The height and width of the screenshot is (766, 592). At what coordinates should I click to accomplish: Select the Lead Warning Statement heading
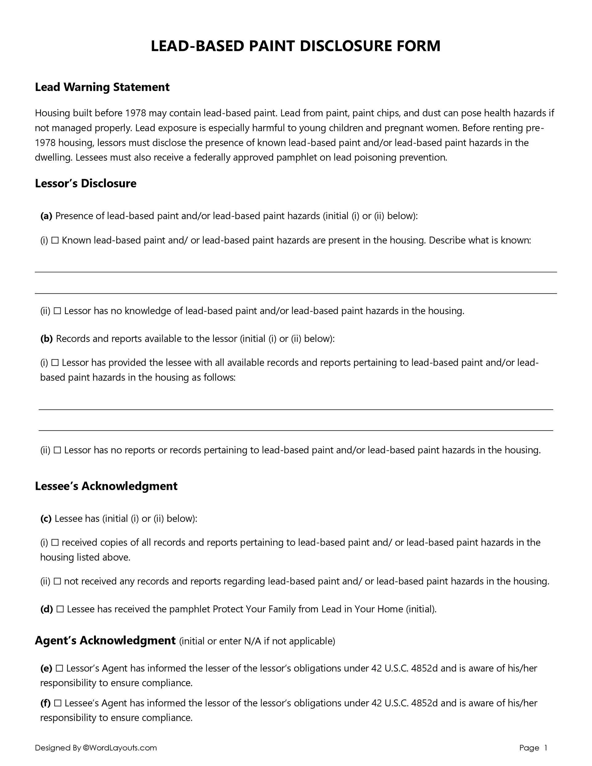(x=102, y=87)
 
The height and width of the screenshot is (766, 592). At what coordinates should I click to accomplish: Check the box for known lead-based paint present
(x=55, y=241)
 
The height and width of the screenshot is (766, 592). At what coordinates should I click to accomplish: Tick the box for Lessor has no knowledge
(x=58, y=311)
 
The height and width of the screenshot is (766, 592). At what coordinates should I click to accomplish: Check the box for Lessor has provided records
(x=55, y=363)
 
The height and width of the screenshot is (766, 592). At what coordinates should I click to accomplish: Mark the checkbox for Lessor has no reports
(x=58, y=450)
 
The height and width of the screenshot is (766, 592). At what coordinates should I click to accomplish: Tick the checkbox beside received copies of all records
(x=55, y=543)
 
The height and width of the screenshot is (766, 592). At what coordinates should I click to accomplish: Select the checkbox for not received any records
(x=58, y=582)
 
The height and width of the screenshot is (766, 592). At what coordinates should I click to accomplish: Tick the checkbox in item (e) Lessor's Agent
(x=59, y=669)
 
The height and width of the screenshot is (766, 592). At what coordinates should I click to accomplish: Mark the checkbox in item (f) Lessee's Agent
(x=58, y=703)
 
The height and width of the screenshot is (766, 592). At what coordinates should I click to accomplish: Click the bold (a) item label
(x=46, y=216)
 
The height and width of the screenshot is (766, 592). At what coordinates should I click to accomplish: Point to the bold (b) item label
(x=46, y=339)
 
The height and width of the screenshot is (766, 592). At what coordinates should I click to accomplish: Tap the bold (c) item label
(x=46, y=519)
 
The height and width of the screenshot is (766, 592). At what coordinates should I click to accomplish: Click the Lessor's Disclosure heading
(x=86, y=183)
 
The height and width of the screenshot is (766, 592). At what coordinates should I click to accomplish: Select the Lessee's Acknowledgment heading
(x=106, y=486)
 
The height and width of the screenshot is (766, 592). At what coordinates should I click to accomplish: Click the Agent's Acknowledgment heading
(x=105, y=641)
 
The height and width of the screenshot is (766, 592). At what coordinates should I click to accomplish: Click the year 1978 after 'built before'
(x=135, y=113)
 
